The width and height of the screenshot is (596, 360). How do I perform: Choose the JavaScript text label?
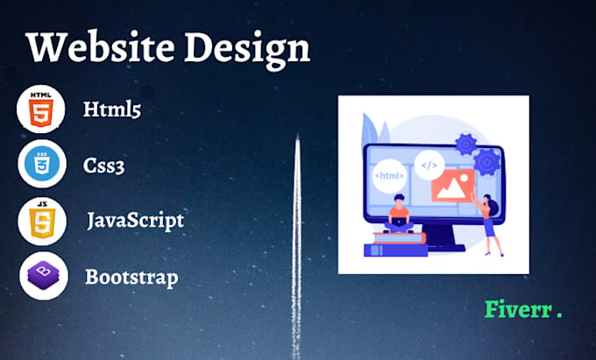point(135,220)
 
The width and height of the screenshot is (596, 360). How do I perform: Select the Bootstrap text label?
point(131,278)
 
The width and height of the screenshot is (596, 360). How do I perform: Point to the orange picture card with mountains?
point(455,186)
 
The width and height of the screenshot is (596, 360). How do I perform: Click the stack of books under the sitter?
point(395,241)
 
